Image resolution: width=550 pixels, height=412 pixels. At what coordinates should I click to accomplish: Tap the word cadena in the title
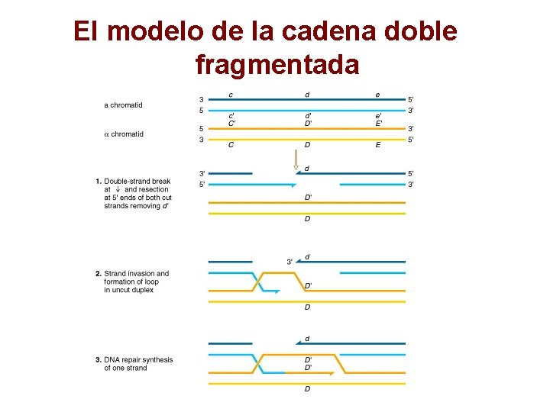[328, 31]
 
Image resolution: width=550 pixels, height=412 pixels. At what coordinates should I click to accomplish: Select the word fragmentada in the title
[277, 65]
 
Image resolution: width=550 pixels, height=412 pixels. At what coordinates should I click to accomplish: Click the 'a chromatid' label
[123, 105]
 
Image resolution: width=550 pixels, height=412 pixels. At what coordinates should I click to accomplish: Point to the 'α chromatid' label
[123, 134]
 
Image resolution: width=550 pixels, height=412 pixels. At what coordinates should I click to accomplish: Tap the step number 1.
[99, 181]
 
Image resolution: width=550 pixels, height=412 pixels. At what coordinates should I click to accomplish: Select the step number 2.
[99, 273]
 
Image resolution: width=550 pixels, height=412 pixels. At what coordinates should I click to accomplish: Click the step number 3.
[99, 359]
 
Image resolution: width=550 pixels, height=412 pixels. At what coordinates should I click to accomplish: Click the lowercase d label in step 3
[307, 338]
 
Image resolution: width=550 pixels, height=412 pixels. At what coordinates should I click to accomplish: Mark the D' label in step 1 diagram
[308, 198]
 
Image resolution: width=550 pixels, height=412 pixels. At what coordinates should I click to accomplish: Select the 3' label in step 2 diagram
[290, 262]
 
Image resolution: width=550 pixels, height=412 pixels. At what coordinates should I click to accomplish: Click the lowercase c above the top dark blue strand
[231, 95]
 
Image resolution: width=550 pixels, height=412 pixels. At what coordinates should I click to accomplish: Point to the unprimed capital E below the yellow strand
[377, 145]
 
